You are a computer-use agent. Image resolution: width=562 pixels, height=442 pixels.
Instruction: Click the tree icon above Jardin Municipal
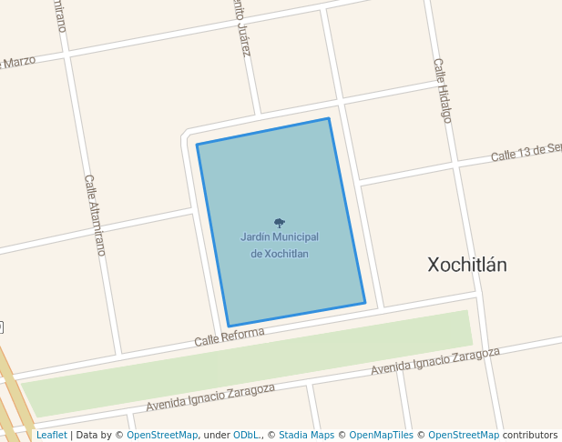(x=279, y=222)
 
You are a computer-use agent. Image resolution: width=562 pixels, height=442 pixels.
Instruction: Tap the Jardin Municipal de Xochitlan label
(x=280, y=245)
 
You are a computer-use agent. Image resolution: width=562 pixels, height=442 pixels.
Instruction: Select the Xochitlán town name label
(x=467, y=265)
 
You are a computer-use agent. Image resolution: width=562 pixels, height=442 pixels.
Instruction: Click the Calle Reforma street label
(x=229, y=337)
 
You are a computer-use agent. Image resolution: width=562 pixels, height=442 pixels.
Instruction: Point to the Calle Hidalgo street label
(x=442, y=90)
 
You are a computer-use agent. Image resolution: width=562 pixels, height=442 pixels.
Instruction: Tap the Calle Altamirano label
(x=96, y=215)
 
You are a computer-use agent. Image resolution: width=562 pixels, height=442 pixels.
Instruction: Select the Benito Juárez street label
(x=241, y=27)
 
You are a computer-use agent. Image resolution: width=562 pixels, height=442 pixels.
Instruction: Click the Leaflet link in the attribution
(x=51, y=435)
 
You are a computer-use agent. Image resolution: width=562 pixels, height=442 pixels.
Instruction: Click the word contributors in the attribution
(x=530, y=435)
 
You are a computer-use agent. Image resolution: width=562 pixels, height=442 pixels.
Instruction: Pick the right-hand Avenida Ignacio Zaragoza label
(x=435, y=362)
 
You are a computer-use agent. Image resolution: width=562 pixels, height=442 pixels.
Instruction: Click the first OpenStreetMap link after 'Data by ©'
(x=162, y=435)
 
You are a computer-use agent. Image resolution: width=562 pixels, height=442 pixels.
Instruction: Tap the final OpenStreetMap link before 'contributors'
(x=464, y=435)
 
